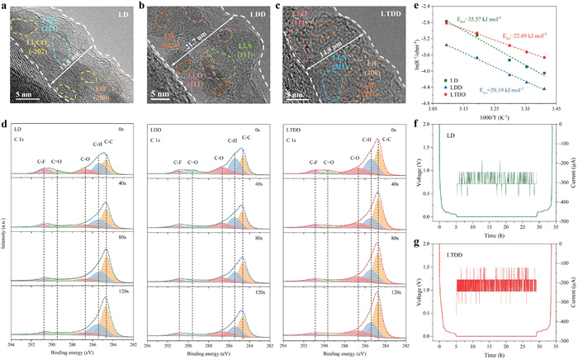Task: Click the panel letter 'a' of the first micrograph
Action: [x=4, y=6]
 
